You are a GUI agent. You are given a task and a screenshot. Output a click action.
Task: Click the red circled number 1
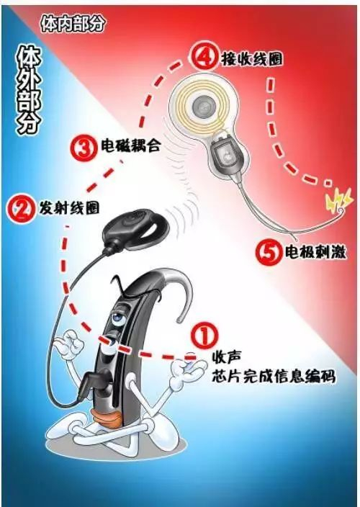204,336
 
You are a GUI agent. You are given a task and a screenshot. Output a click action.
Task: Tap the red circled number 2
21,209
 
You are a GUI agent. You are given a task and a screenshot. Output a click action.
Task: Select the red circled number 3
84,148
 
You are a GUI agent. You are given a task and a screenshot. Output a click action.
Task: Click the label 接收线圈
251,58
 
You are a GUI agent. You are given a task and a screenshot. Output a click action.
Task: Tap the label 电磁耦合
130,146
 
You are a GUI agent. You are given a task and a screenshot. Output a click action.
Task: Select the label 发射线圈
69,207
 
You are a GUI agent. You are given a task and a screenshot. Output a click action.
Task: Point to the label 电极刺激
315,252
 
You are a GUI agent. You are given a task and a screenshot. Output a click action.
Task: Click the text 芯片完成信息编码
274,377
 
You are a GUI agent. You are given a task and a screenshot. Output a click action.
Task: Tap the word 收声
226,358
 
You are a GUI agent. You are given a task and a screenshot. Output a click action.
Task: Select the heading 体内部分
73,23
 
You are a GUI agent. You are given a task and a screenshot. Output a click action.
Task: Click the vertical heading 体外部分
29,90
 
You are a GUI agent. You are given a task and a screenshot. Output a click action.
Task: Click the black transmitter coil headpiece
136,229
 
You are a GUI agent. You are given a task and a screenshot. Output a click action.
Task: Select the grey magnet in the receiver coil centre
202,105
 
